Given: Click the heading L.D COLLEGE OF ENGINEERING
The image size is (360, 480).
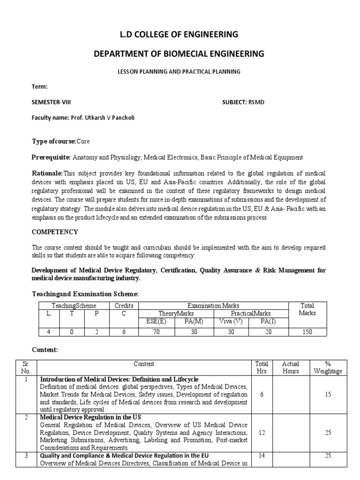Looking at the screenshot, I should click(x=180, y=34).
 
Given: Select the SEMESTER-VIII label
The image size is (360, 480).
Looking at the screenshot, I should click(x=51, y=102).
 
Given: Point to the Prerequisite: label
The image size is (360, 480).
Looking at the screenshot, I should click(x=51, y=157).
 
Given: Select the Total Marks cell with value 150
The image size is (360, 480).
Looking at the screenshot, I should click(x=307, y=332).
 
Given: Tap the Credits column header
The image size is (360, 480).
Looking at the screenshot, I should click(x=124, y=306).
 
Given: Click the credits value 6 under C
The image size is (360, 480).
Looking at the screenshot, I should click(x=124, y=332).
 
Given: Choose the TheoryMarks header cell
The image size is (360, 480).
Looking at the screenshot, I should click(x=176, y=314).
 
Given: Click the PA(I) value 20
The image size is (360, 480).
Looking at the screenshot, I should click(x=268, y=332).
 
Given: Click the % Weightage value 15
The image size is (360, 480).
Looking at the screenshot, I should click(x=328, y=395).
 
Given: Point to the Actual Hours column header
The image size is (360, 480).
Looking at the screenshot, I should click(x=291, y=367).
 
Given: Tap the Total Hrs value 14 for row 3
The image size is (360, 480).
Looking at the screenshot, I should click(x=262, y=456).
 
